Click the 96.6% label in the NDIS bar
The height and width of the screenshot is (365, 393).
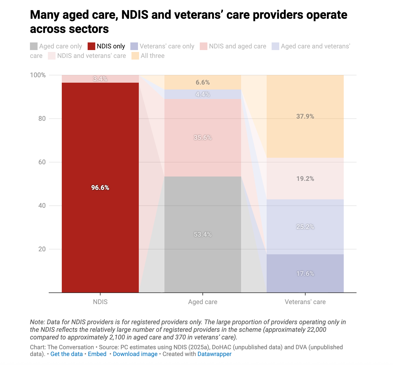tap(100, 188)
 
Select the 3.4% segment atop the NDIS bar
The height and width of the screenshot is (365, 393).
tap(100, 79)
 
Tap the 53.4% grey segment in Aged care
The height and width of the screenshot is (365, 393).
tap(202, 234)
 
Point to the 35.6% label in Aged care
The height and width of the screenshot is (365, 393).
tap(202, 138)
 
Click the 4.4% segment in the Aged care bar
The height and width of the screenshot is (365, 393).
tap(202, 94)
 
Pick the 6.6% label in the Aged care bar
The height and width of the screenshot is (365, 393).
tap(202, 82)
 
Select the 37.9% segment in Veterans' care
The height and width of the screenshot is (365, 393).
tap(305, 116)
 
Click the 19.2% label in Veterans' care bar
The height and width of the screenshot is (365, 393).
tap(305, 179)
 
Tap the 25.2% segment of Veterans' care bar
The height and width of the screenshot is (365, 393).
tap(305, 227)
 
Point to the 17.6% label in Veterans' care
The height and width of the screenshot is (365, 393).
tap(305, 274)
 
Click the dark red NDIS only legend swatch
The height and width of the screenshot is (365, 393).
tap(91, 46)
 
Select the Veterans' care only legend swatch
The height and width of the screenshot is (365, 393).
tap(134, 46)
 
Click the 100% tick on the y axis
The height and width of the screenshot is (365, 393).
tap(38, 75)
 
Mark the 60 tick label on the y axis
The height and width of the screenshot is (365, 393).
tap(42, 162)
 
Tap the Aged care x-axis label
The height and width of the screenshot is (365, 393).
tap(202, 302)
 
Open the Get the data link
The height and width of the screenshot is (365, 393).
tap(66, 354)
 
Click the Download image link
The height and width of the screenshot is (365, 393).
tap(135, 354)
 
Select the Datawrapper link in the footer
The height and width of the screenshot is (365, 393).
tap(214, 354)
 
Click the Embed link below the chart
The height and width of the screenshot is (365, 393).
tap(97, 354)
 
